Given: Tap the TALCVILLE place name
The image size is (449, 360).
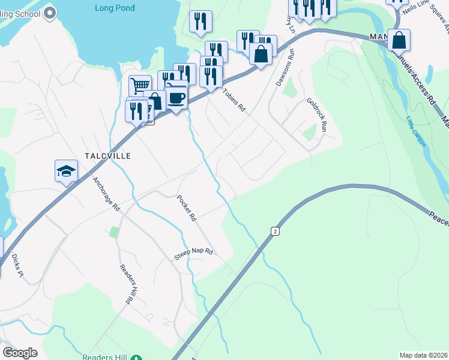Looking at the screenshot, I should pyautogui.click(x=107, y=155).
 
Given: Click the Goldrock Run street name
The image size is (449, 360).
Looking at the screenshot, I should pyautogui.click(x=316, y=115).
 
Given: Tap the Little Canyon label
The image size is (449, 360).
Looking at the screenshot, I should pyautogui.click(x=415, y=131).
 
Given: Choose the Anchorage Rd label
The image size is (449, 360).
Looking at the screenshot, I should pyautogui.click(x=107, y=193).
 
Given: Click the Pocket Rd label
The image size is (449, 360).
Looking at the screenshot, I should pyautogui.click(x=187, y=208).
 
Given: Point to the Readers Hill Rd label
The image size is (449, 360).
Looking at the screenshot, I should pyautogui.click(x=125, y=285).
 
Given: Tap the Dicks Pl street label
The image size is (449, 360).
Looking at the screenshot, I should pyautogui.click(x=17, y=265).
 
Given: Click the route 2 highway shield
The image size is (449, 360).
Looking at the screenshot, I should pyautogui.click(x=274, y=231).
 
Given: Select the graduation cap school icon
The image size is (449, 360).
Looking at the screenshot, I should pyautogui.click(x=66, y=172).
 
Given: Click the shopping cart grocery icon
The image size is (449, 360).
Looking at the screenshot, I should pyautogui.click(x=140, y=85).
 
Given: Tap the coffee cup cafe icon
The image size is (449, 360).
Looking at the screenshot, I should pyautogui.click(x=176, y=98).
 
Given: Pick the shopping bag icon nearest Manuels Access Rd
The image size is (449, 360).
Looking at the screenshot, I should pyautogui.click(x=399, y=41).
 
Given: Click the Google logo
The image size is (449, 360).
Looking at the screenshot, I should pyautogui.click(x=20, y=353).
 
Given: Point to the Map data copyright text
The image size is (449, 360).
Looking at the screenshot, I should pyautogui.click(x=423, y=355).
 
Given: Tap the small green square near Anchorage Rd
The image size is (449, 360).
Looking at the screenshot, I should pyautogui.click(x=113, y=232).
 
